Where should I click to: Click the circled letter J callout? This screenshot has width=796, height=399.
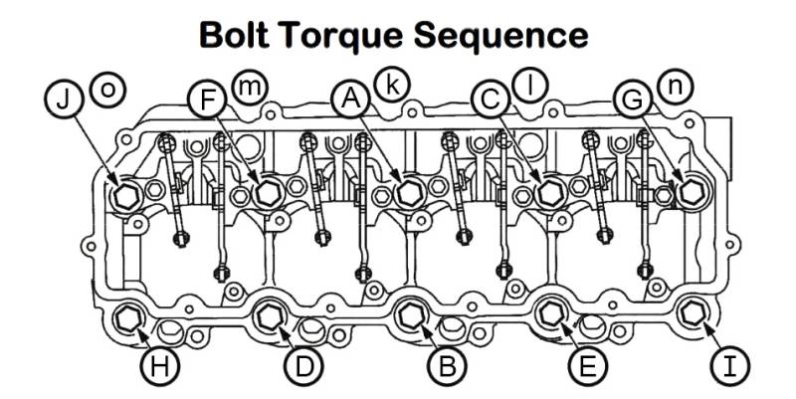click(x=64, y=99)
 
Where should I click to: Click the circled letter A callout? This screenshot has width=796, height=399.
click(x=349, y=98)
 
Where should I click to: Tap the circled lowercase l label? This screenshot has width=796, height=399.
click(x=530, y=86)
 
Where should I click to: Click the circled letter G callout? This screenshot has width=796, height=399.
click(x=633, y=99)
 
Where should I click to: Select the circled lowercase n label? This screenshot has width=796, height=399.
click(x=675, y=87)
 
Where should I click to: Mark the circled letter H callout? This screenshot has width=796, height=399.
click(x=159, y=366)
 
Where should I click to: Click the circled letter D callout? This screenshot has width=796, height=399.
click(x=302, y=366)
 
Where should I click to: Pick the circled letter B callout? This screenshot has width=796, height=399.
click(x=446, y=366)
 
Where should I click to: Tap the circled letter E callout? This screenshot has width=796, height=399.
click(x=588, y=366)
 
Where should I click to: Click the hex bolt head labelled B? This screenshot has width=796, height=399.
click(x=410, y=315)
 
